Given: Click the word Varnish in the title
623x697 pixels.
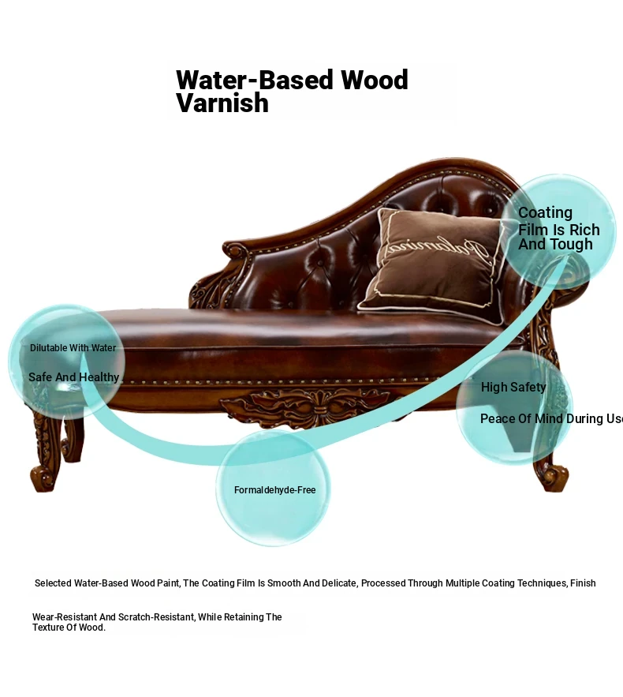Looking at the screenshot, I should (x=222, y=103).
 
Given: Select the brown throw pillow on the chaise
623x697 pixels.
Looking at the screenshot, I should (x=432, y=265).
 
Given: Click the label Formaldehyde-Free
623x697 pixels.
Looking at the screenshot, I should (x=274, y=490).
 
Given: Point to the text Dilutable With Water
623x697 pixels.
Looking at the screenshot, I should (x=73, y=348).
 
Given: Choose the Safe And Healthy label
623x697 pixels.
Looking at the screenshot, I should (x=73, y=377).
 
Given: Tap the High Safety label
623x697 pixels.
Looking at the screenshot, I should (x=513, y=388).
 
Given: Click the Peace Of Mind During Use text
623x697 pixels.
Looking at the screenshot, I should (x=551, y=419).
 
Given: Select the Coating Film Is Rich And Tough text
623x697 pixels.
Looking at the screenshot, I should (x=558, y=229).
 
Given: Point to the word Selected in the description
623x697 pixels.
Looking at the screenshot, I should (x=53, y=583).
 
